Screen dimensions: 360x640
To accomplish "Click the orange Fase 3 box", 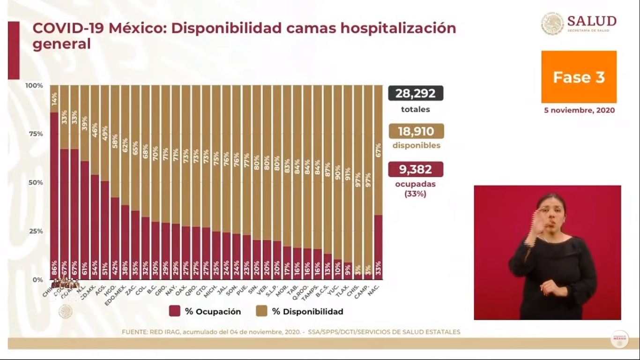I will click(579, 77).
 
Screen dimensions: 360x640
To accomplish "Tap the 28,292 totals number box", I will click(415, 93).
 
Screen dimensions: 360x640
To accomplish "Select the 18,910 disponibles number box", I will click(416, 131).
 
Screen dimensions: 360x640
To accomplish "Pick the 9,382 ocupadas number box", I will click(416, 169).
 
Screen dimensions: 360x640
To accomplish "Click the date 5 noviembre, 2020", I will click(579, 111).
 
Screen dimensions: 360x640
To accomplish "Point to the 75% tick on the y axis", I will click(34, 134).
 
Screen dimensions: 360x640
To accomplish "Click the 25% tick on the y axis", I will click(34, 231).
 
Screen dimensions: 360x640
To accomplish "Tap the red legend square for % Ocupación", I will click(175, 311).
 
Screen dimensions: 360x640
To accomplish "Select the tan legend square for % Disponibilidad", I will click(262, 311).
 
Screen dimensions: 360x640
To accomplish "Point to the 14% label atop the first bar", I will click(54, 98).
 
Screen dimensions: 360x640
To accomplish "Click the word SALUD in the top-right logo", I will click(591, 21).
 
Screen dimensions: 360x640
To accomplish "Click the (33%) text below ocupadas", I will click(416, 194).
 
